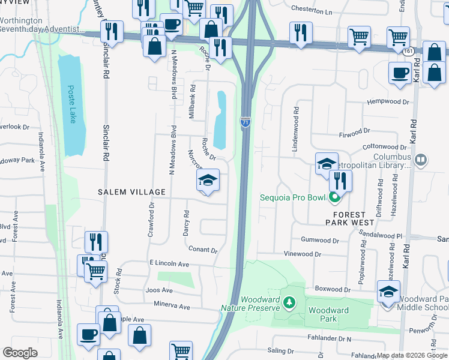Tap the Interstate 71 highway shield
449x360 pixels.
pyautogui.click(x=246, y=122)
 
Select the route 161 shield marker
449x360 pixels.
pyautogui.click(x=409, y=52)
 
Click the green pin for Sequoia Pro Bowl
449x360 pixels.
pyautogui.click(x=335, y=197)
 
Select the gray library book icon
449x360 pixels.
pyautogui.click(x=421, y=160)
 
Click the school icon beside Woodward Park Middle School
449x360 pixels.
pyautogui.click(x=388, y=292)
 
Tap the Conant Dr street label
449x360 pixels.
pyautogui.click(x=203, y=249)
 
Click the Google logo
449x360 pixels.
pyautogui.click(x=20, y=353)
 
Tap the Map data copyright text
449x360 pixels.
pyautogui.click(x=412, y=355)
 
